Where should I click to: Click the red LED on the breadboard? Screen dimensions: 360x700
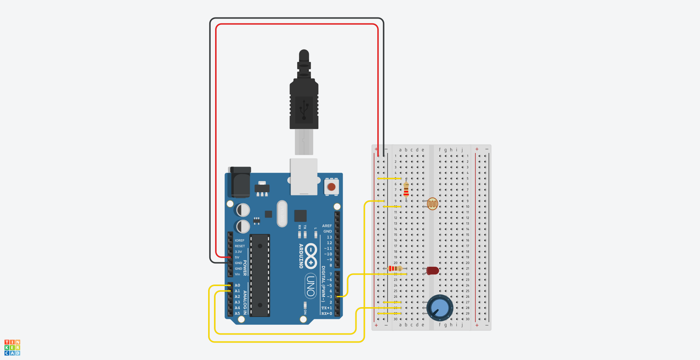[x=433, y=271]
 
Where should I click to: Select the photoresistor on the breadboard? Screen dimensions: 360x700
[x=432, y=204]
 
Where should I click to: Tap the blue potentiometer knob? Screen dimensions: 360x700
[x=440, y=308]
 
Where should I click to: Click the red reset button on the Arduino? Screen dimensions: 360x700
[x=331, y=187]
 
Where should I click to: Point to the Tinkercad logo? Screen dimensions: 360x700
[x=12, y=348]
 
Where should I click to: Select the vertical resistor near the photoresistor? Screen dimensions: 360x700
[x=406, y=189]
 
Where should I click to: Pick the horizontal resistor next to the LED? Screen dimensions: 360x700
[x=395, y=269]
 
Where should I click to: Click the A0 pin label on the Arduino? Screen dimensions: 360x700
[x=237, y=285]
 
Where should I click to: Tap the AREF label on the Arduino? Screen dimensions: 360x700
[x=327, y=226]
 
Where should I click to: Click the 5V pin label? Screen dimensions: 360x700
[x=237, y=257]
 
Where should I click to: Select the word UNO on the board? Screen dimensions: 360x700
[x=311, y=286]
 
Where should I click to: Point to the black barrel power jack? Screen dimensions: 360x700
[x=240, y=182]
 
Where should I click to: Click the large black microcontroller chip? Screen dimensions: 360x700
[x=260, y=275]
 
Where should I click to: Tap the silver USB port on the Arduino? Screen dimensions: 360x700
[x=304, y=177]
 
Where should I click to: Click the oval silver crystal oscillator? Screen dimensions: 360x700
[x=282, y=214]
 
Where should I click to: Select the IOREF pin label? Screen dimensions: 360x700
[x=240, y=240]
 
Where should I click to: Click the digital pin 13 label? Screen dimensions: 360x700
[x=329, y=237]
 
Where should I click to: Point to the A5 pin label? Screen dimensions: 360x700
[x=237, y=313]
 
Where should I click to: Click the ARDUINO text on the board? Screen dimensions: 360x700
[x=301, y=256]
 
